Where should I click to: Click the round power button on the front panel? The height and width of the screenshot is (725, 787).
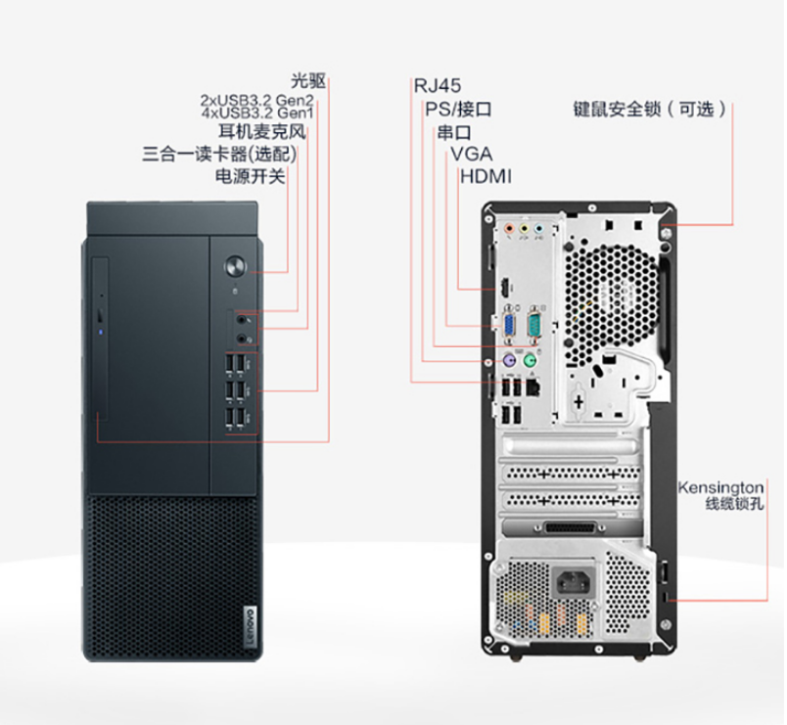coord(235,266)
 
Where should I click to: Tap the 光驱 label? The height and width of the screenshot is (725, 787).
coord(308,81)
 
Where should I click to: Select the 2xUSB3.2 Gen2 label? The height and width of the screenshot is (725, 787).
coord(257,100)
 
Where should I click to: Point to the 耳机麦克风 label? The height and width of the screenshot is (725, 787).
coord(261,131)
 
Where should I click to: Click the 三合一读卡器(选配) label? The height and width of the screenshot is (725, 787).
coord(219,154)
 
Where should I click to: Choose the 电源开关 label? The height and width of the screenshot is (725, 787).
coord(250,176)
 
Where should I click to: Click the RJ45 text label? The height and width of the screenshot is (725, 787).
coord(438,86)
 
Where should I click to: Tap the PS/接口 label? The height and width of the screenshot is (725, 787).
coord(458,109)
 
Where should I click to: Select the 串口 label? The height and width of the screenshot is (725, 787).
coord(454,132)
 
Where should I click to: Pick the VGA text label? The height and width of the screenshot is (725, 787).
coord(471,154)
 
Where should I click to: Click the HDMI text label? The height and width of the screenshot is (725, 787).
coord(486,177)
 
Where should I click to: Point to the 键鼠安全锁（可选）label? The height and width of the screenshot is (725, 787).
coord(650,109)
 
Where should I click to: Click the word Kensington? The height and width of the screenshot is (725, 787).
coord(720,487)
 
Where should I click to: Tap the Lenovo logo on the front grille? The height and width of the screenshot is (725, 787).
coord(250,626)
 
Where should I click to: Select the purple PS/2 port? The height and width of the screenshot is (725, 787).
coord(509,360)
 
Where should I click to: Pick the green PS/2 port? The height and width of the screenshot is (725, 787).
coord(530,360)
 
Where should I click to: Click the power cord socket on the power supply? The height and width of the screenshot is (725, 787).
coord(573,583)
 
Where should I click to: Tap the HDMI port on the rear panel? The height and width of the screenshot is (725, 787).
coord(504,288)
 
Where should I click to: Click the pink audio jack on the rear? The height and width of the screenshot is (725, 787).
coord(509,229)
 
